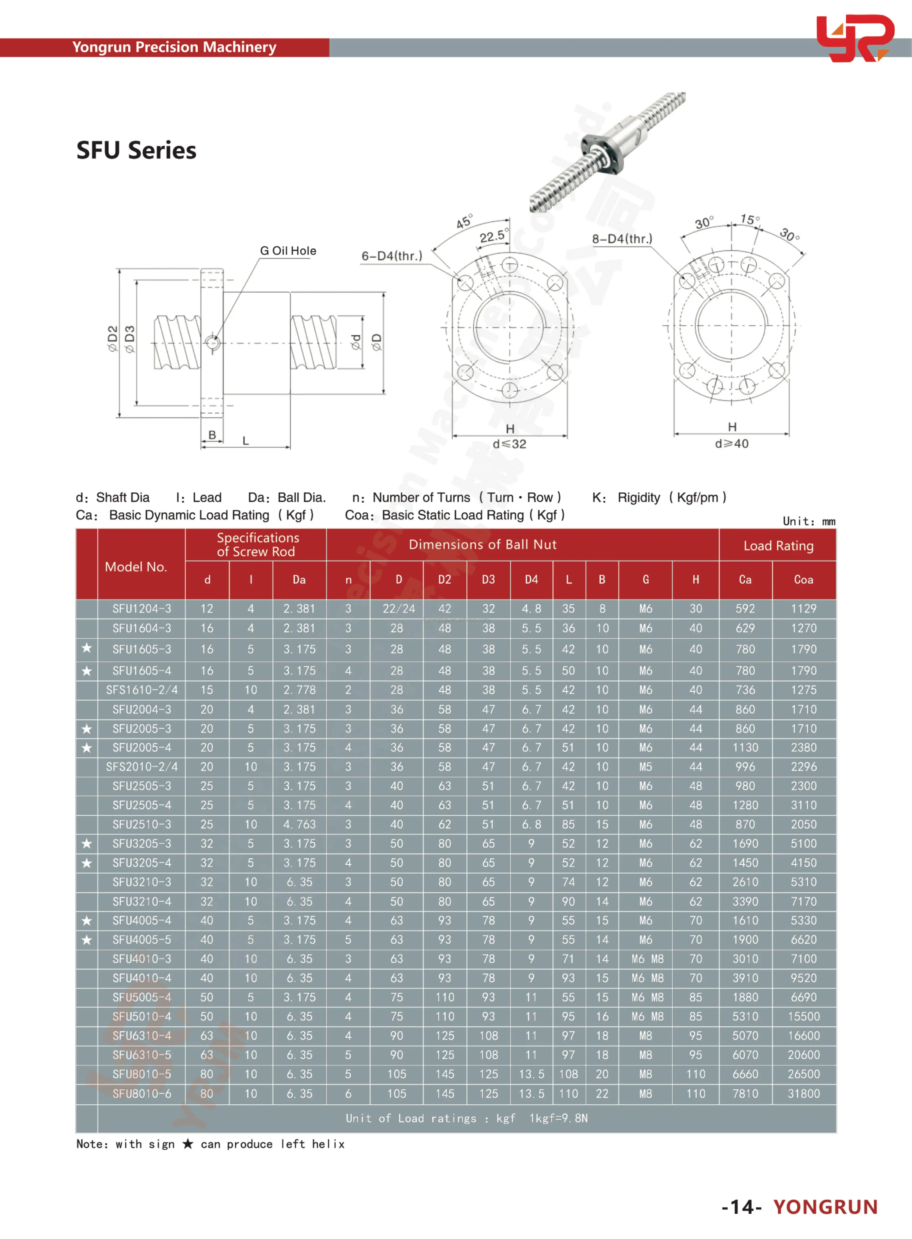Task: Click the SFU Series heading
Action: point(136,150)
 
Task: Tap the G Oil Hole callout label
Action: point(288,250)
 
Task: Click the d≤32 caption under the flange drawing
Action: point(510,444)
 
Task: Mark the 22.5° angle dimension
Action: point(492,236)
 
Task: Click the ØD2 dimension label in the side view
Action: point(113,338)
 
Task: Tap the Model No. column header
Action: point(136,567)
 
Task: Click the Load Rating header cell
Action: point(778,546)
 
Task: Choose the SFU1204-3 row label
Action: point(142,609)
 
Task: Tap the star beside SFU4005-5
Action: point(87,939)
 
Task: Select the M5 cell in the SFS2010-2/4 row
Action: point(645,767)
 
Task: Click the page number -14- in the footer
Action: point(741,1207)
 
